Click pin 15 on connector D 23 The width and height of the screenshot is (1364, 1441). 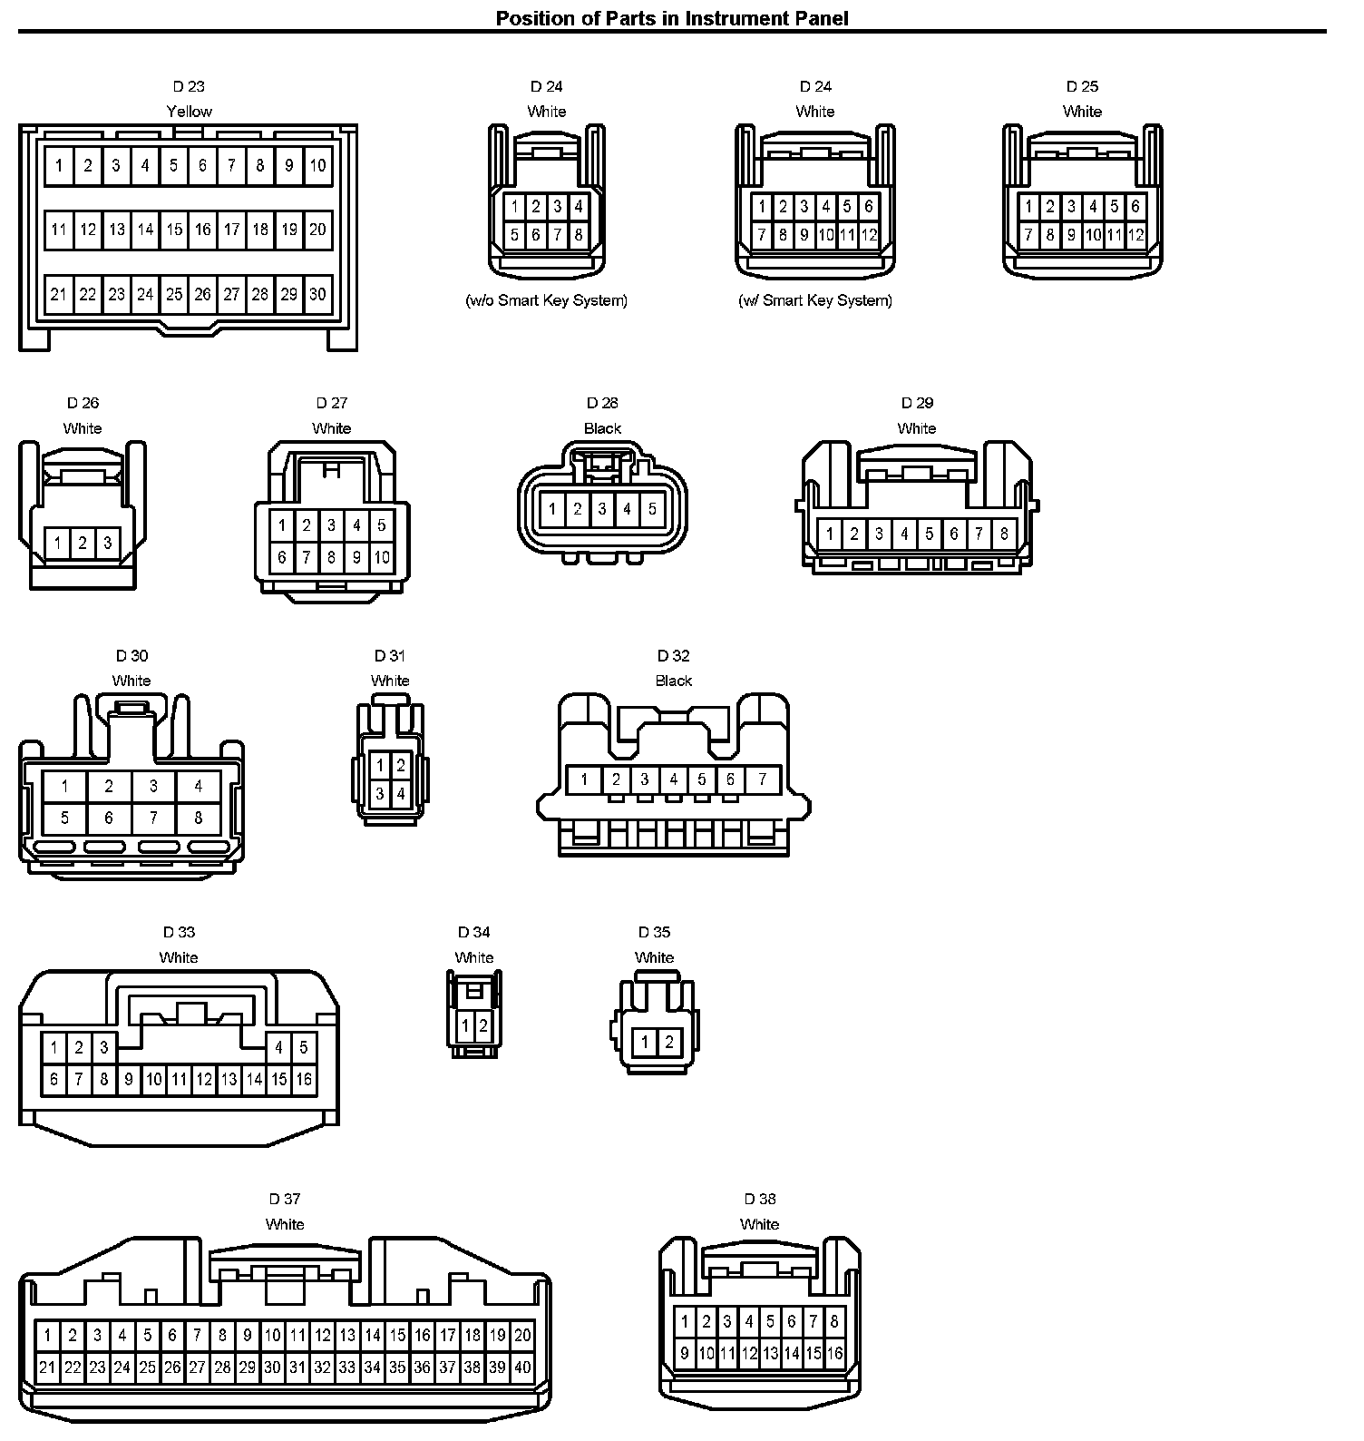[174, 230]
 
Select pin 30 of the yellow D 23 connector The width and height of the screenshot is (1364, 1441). [317, 294]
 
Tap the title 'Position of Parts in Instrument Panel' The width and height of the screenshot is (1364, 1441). [672, 17]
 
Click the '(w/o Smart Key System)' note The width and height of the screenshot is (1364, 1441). [546, 300]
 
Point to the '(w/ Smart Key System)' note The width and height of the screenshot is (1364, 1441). [815, 300]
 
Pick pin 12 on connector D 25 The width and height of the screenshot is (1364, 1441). [1135, 236]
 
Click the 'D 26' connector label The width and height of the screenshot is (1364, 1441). [83, 403]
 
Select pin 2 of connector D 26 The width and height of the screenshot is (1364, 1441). [83, 544]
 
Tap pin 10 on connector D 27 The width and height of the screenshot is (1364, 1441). [382, 557]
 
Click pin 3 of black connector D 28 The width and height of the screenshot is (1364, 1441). [602, 510]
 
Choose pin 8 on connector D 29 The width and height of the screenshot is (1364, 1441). [1004, 534]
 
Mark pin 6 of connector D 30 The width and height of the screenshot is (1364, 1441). [109, 819]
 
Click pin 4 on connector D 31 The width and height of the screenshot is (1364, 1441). [401, 794]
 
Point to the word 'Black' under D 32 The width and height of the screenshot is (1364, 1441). [674, 681]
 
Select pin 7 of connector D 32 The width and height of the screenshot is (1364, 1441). [763, 779]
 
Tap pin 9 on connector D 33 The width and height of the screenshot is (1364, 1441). [129, 1079]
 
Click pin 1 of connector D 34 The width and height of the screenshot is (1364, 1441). [465, 1026]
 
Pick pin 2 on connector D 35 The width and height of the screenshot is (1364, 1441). [669, 1043]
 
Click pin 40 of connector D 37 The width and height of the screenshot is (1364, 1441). [522, 1367]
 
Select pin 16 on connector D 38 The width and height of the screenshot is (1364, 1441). [834, 1354]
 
